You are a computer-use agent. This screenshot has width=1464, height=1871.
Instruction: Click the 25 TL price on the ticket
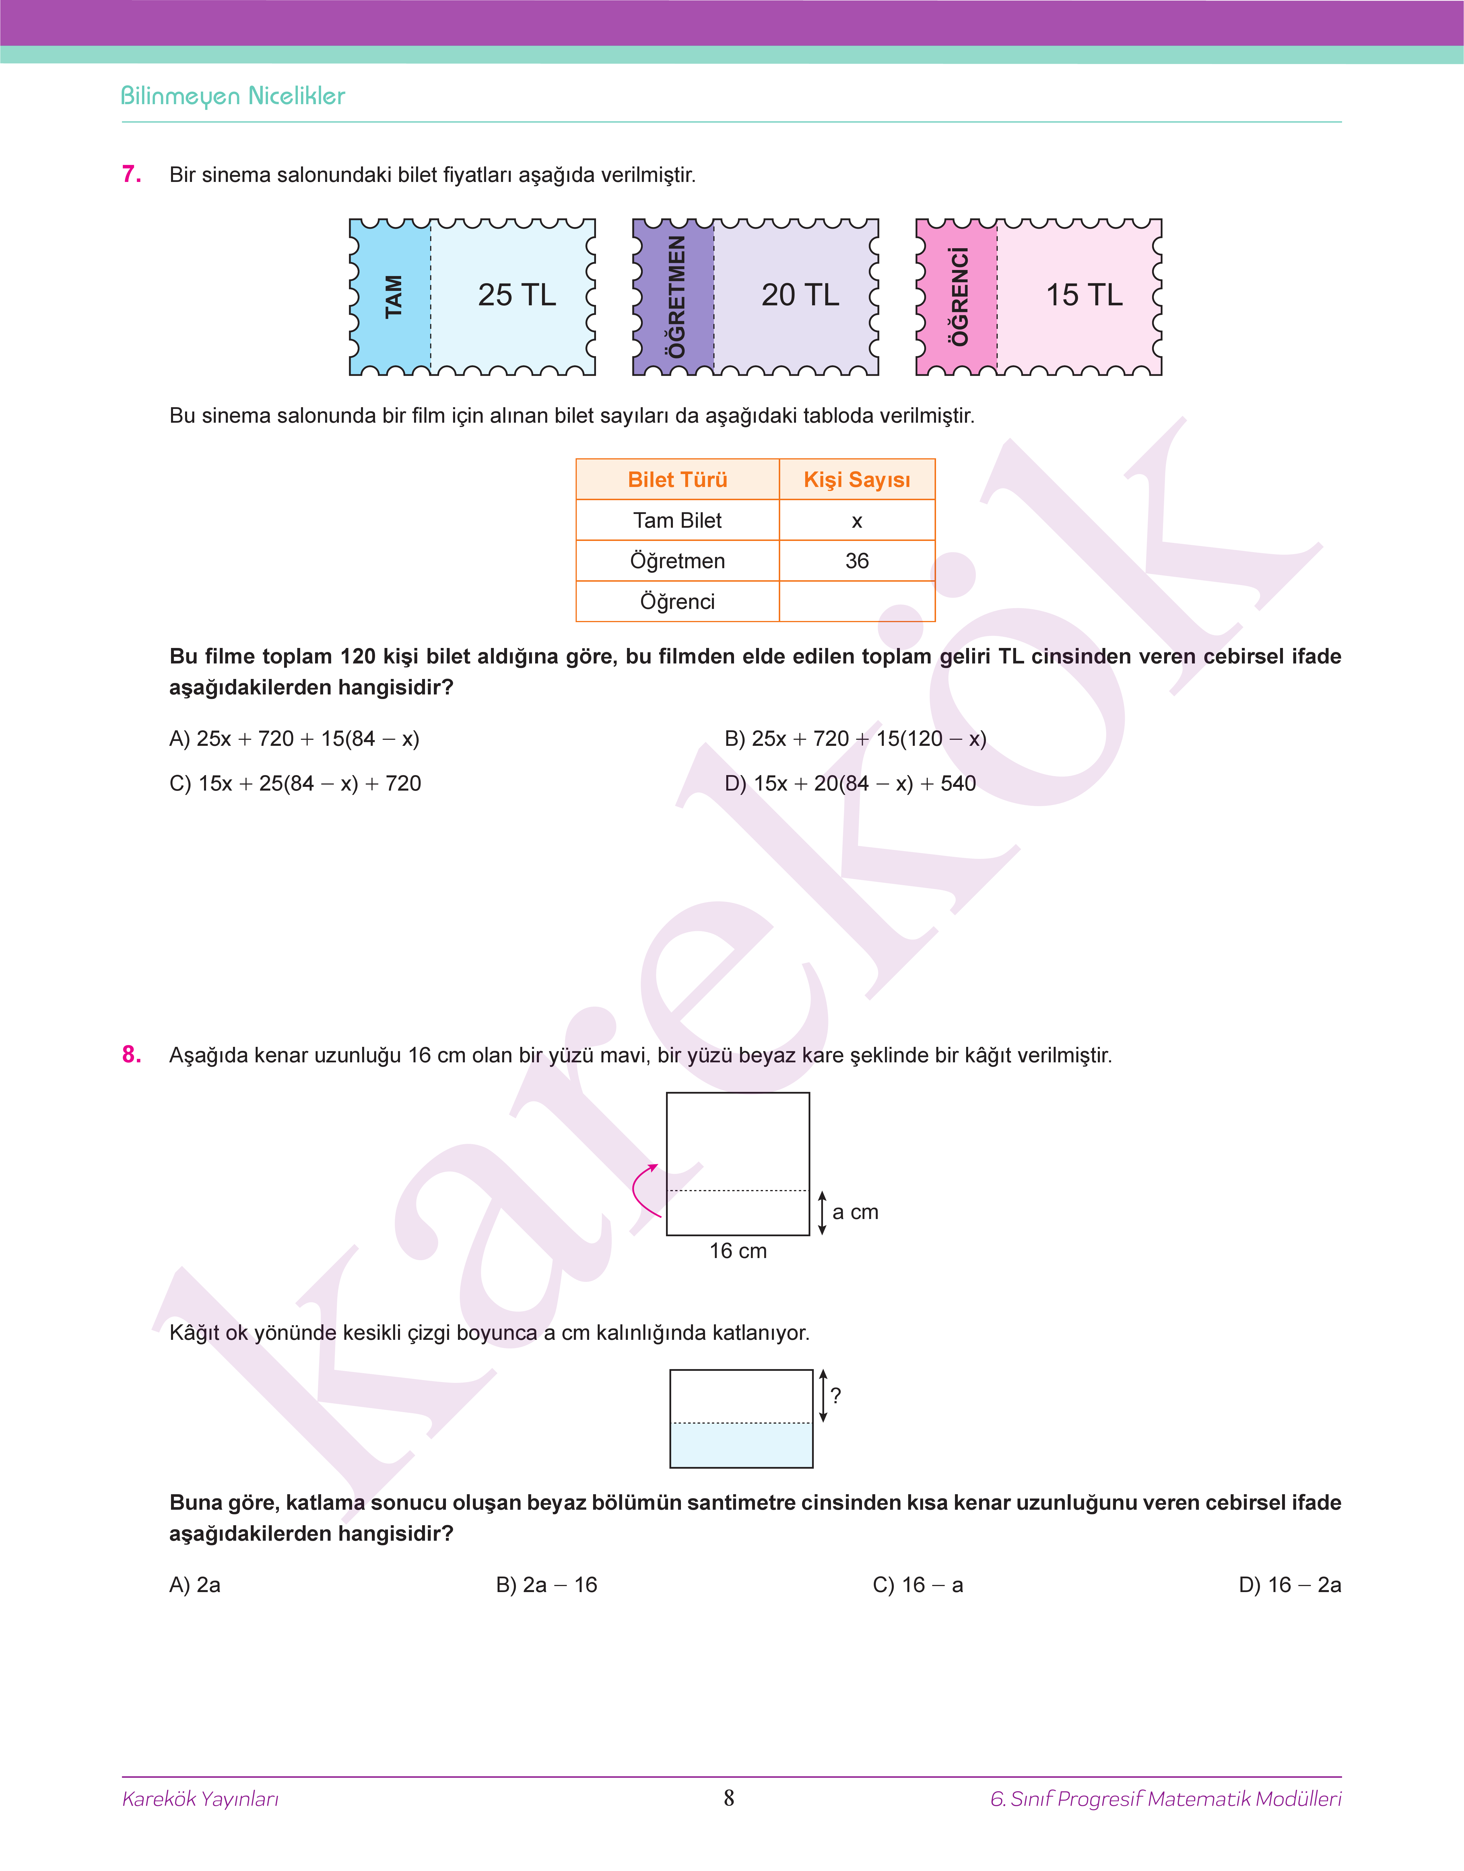[517, 295]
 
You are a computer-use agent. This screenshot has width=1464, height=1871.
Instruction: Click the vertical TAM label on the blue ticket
[393, 296]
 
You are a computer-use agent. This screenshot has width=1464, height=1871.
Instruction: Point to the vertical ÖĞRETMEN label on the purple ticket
[676, 296]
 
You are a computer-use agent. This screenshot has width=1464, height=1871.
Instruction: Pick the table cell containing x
[856, 520]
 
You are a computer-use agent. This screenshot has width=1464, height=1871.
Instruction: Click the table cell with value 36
[856, 560]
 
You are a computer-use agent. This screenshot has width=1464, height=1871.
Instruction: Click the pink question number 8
[131, 1054]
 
